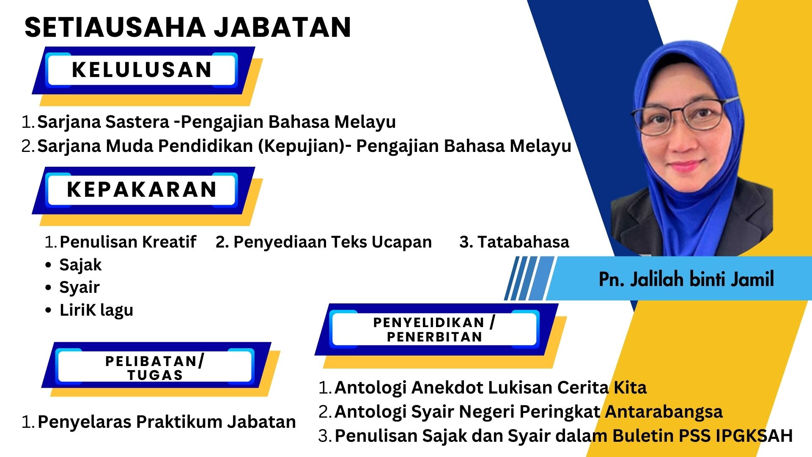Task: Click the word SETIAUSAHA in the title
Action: [115, 28]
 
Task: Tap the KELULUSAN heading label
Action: [142, 70]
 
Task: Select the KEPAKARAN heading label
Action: [142, 190]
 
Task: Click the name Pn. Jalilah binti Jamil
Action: [686, 279]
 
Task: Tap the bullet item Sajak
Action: [80, 265]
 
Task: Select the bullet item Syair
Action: [80, 288]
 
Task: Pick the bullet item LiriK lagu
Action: [96, 310]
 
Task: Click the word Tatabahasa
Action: [524, 242]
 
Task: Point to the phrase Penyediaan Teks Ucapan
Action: [333, 242]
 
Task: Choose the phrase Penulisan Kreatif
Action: [128, 242]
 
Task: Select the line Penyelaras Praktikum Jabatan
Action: [167, 422]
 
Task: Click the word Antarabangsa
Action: [664, 412]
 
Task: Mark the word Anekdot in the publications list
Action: [446, 388]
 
